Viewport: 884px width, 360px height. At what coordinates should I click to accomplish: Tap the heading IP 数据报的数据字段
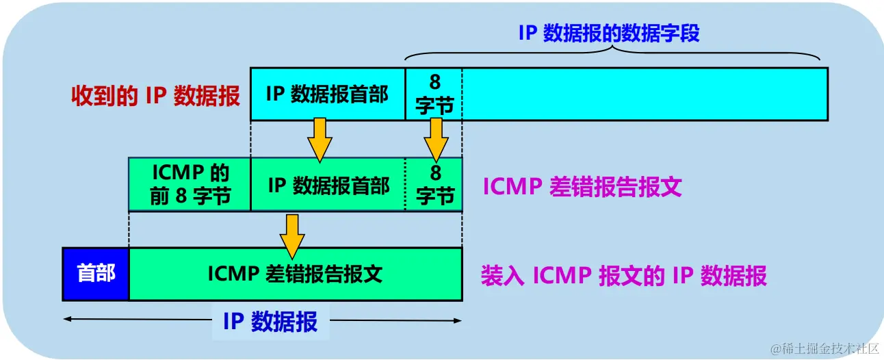coord(609,34)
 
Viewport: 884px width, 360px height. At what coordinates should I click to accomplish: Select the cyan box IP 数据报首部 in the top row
coord(327,94)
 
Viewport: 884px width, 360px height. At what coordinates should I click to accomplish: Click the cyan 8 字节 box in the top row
coord(434,94)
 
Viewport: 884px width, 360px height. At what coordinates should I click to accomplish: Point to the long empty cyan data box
coord(644,94)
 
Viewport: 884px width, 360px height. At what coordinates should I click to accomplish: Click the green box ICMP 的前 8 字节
coord(190,183)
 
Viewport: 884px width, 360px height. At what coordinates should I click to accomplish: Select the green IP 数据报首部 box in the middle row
coord(328,183)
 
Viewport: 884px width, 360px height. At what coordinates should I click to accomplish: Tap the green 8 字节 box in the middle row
coord(434,183)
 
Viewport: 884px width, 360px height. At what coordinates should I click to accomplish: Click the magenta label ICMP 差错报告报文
coord(582,187)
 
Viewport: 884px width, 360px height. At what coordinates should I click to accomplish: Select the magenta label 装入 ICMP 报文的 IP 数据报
coord(623,275)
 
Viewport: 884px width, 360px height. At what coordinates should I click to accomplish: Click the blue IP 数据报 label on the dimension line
coord(270,321)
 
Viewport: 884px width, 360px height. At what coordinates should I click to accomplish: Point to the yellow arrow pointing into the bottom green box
coord(292,231)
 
